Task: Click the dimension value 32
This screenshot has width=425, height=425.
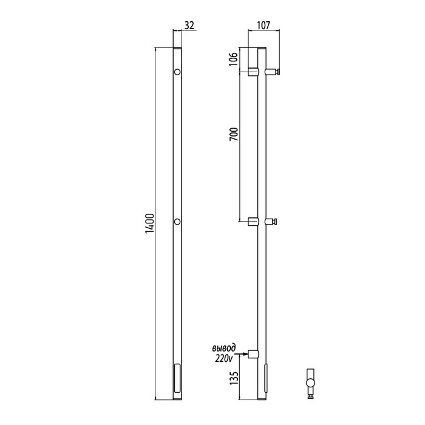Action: tap(189, 25)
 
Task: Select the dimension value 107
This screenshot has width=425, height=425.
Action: tap(263, 25)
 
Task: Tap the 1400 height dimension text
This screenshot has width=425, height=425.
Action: tap(149, 223)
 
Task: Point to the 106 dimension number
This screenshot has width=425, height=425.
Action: tap(233, 59)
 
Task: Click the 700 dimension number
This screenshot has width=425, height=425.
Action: tap(233, 134)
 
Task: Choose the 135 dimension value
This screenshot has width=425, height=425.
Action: tap(233, 378)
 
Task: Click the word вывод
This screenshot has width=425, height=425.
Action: tap(223, 348)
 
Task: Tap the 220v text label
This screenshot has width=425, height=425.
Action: tap(224, 358)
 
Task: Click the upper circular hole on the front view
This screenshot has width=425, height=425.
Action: tap(177, 72)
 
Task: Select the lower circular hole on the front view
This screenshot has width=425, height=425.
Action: tap(177, 222)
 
